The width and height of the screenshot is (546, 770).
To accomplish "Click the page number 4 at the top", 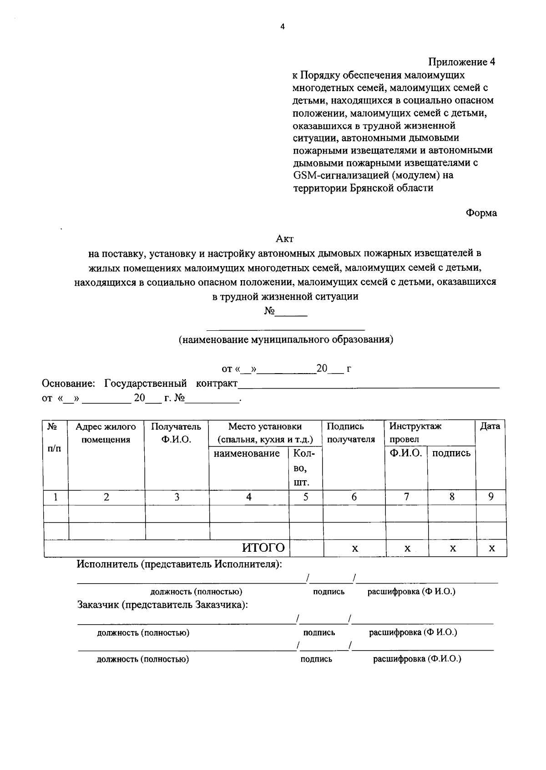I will [x=282, y=27].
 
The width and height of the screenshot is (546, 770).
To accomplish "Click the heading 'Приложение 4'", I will [x=461, y=62].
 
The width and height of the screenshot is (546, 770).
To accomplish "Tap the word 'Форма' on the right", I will [x=481, y=213].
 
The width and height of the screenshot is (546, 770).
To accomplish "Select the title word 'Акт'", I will [x=285, y=238].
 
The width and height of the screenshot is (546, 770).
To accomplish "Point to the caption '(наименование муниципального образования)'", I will [x=286, y=339].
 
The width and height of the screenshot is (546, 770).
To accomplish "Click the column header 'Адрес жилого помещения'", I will [x=106, y=433].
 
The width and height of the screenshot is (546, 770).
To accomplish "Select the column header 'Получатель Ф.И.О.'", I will [x=176, y=433].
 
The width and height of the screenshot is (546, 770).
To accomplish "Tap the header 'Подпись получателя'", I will [x=350, y=433].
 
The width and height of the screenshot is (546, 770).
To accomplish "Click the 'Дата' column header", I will [x=490, y=426].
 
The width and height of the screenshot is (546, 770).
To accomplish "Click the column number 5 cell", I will [x=306, y=497].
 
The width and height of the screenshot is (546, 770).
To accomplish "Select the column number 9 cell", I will [x=491, y=497].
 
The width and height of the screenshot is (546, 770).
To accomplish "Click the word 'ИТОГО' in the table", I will [x=263, y=548].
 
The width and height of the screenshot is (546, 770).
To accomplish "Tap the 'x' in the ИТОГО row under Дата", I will [x=491, y=549].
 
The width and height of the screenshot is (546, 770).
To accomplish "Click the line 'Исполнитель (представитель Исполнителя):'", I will [x=179, y=564].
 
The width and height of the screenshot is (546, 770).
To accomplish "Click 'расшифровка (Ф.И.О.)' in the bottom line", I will [x=417, y=659].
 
